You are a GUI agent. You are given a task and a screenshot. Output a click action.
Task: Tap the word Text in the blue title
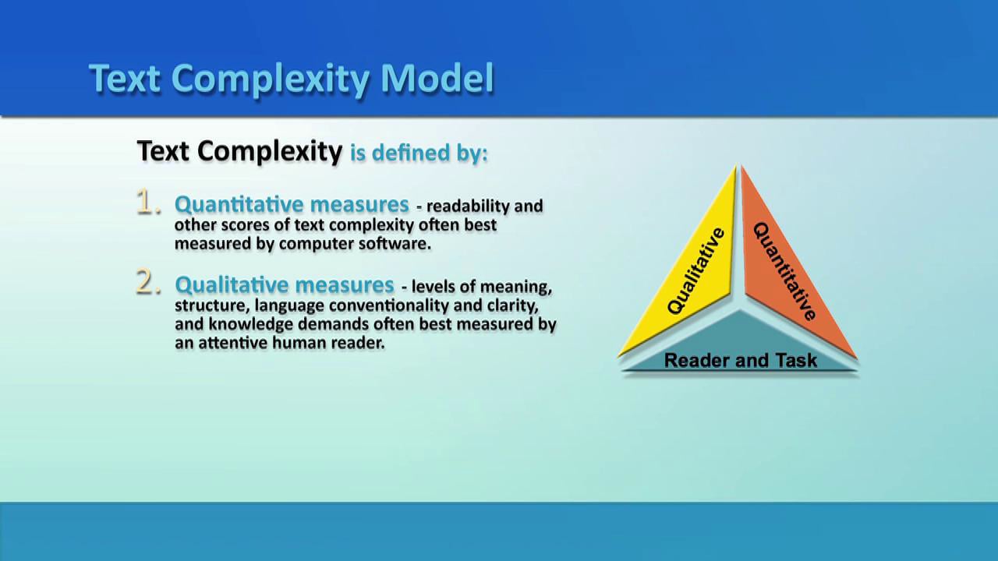tap(124, 78)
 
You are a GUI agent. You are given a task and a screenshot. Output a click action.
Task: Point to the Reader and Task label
tap(741, 360)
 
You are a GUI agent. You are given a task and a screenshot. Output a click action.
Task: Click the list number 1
tap(148, 202)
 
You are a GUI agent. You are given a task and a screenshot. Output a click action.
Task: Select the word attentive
tap(232, 343)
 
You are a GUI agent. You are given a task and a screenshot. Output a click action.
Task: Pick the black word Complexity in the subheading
tap(270, 151)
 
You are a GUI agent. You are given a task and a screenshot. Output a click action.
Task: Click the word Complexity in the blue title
tap(270, 79)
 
